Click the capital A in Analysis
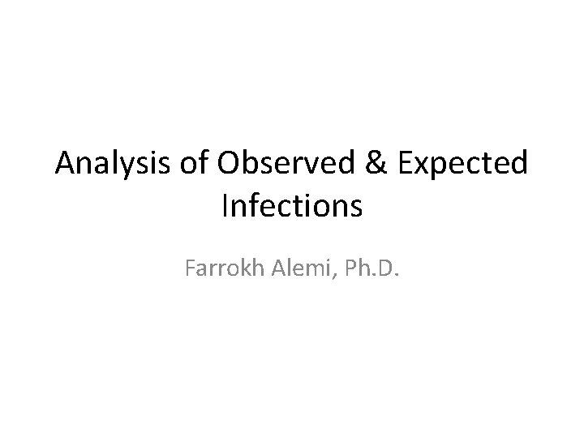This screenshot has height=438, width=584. [66, 165]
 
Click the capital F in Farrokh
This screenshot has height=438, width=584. [190, 268]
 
